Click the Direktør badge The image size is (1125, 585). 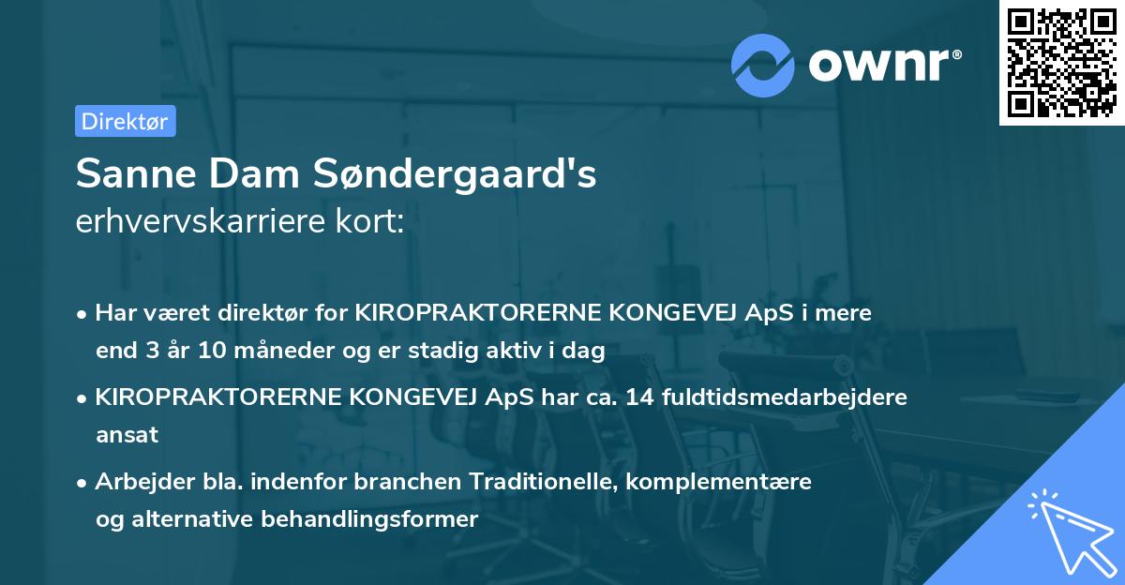click(x=125, y=122)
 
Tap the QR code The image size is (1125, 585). click(x=1062, y=62)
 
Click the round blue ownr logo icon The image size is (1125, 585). click(x=763, y=66)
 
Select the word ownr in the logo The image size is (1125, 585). click(x=882, y=67)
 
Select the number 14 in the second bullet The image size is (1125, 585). click(x=642, y=397)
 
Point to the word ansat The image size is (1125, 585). click(x=127, y=435)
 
